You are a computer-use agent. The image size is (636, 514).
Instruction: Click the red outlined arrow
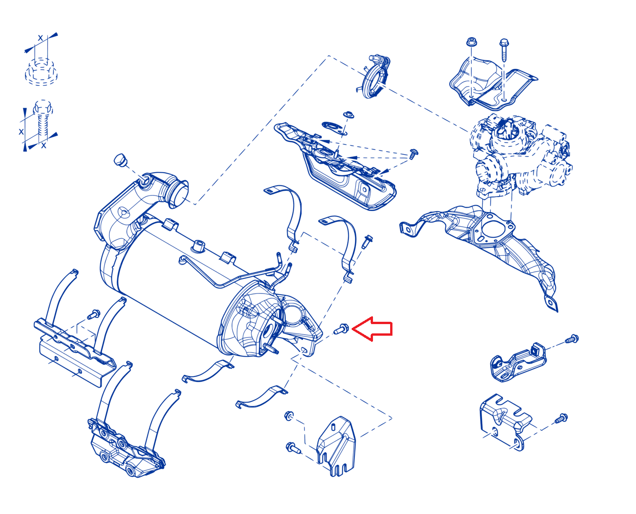tap(372, 328)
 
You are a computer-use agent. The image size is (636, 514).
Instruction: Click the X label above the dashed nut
tap(40, 38)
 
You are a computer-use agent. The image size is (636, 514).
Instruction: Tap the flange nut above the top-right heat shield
tap(471, 41)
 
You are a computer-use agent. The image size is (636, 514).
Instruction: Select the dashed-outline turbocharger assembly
tap(520, 156)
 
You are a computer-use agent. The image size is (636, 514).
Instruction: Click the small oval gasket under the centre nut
tap(334, 128)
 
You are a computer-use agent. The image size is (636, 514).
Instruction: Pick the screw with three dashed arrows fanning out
tap(413, 154)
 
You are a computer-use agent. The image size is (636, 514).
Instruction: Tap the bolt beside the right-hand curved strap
tap(367, 242)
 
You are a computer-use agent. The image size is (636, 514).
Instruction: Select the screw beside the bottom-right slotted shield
tap(561, 418)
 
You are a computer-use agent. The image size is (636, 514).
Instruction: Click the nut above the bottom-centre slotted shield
tap(289, 416)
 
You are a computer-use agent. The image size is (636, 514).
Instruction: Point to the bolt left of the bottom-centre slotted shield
tap(293, 447)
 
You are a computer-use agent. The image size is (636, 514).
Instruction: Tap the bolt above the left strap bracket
tap(94, 314)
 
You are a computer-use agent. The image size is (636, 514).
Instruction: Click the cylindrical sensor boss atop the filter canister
tap(198, 246)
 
